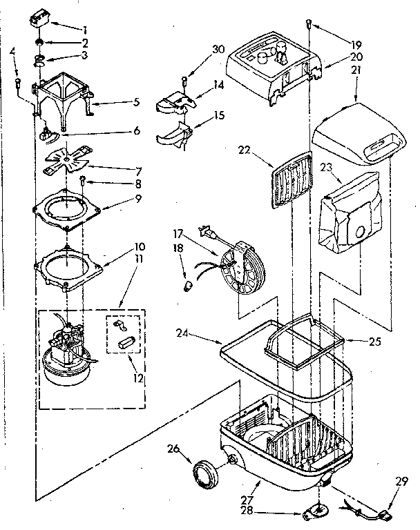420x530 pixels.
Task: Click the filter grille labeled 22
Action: [x=290, y=181]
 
